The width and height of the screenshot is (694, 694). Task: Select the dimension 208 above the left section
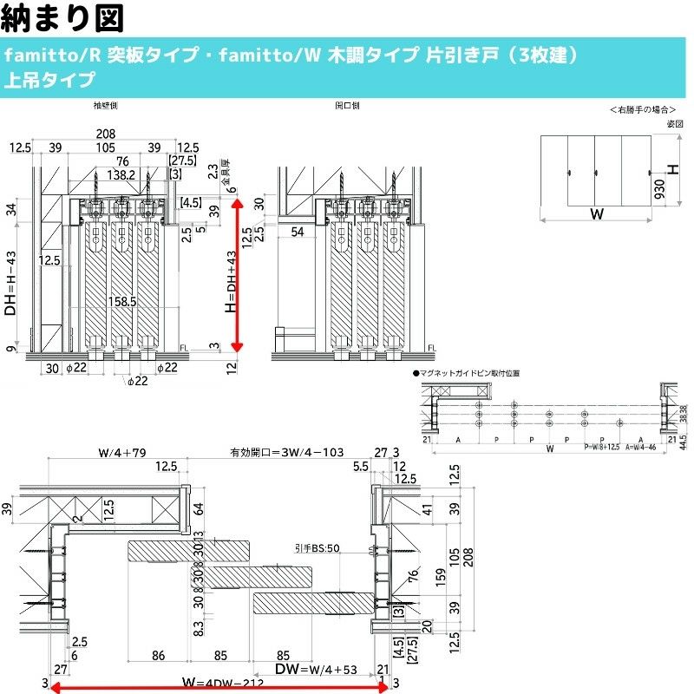106,134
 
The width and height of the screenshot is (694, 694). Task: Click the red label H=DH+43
229,282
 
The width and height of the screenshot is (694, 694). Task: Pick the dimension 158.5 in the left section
122,303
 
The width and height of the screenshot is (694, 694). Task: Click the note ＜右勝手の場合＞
643,110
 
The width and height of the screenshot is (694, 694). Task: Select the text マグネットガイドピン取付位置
472,372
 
